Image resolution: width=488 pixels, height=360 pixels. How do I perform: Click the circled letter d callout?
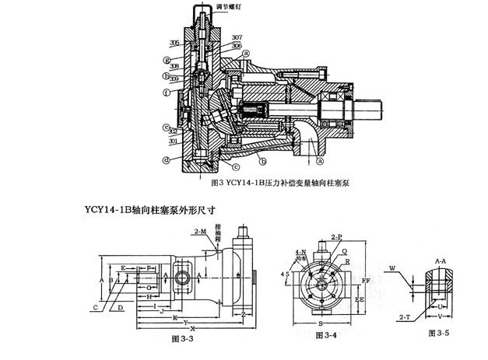[x=166, y=161]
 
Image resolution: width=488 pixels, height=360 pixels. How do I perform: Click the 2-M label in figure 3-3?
[x=200, y=232]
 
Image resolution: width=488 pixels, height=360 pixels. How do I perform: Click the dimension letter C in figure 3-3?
[x=95, y=307]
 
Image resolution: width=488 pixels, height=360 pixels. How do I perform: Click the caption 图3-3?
[x=181, y=340]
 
